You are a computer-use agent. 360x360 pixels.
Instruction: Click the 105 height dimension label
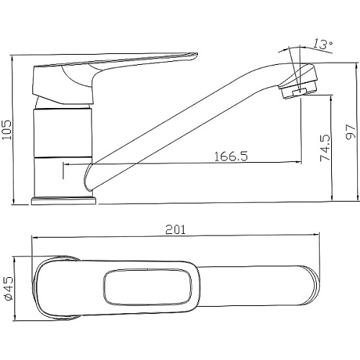pyautogui.click(x=6, y=130)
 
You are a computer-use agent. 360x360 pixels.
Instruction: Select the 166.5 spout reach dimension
pyautogui.click(x=230, y=156)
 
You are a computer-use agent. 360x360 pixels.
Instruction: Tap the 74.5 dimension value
pyautogui.click(x=325, y=148)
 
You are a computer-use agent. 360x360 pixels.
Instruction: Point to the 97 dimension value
pyautogui.click(x=351, y=132)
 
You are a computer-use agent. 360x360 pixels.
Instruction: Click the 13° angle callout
pyautogui.click(x=323, y=44)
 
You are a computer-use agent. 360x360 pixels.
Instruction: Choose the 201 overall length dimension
pyautogui.click(x=176, y=230)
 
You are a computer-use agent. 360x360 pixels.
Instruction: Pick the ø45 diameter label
pyautogui.click(x=8, y=288)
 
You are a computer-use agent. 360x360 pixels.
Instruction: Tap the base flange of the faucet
pyautogui.click(x=63, y=201)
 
